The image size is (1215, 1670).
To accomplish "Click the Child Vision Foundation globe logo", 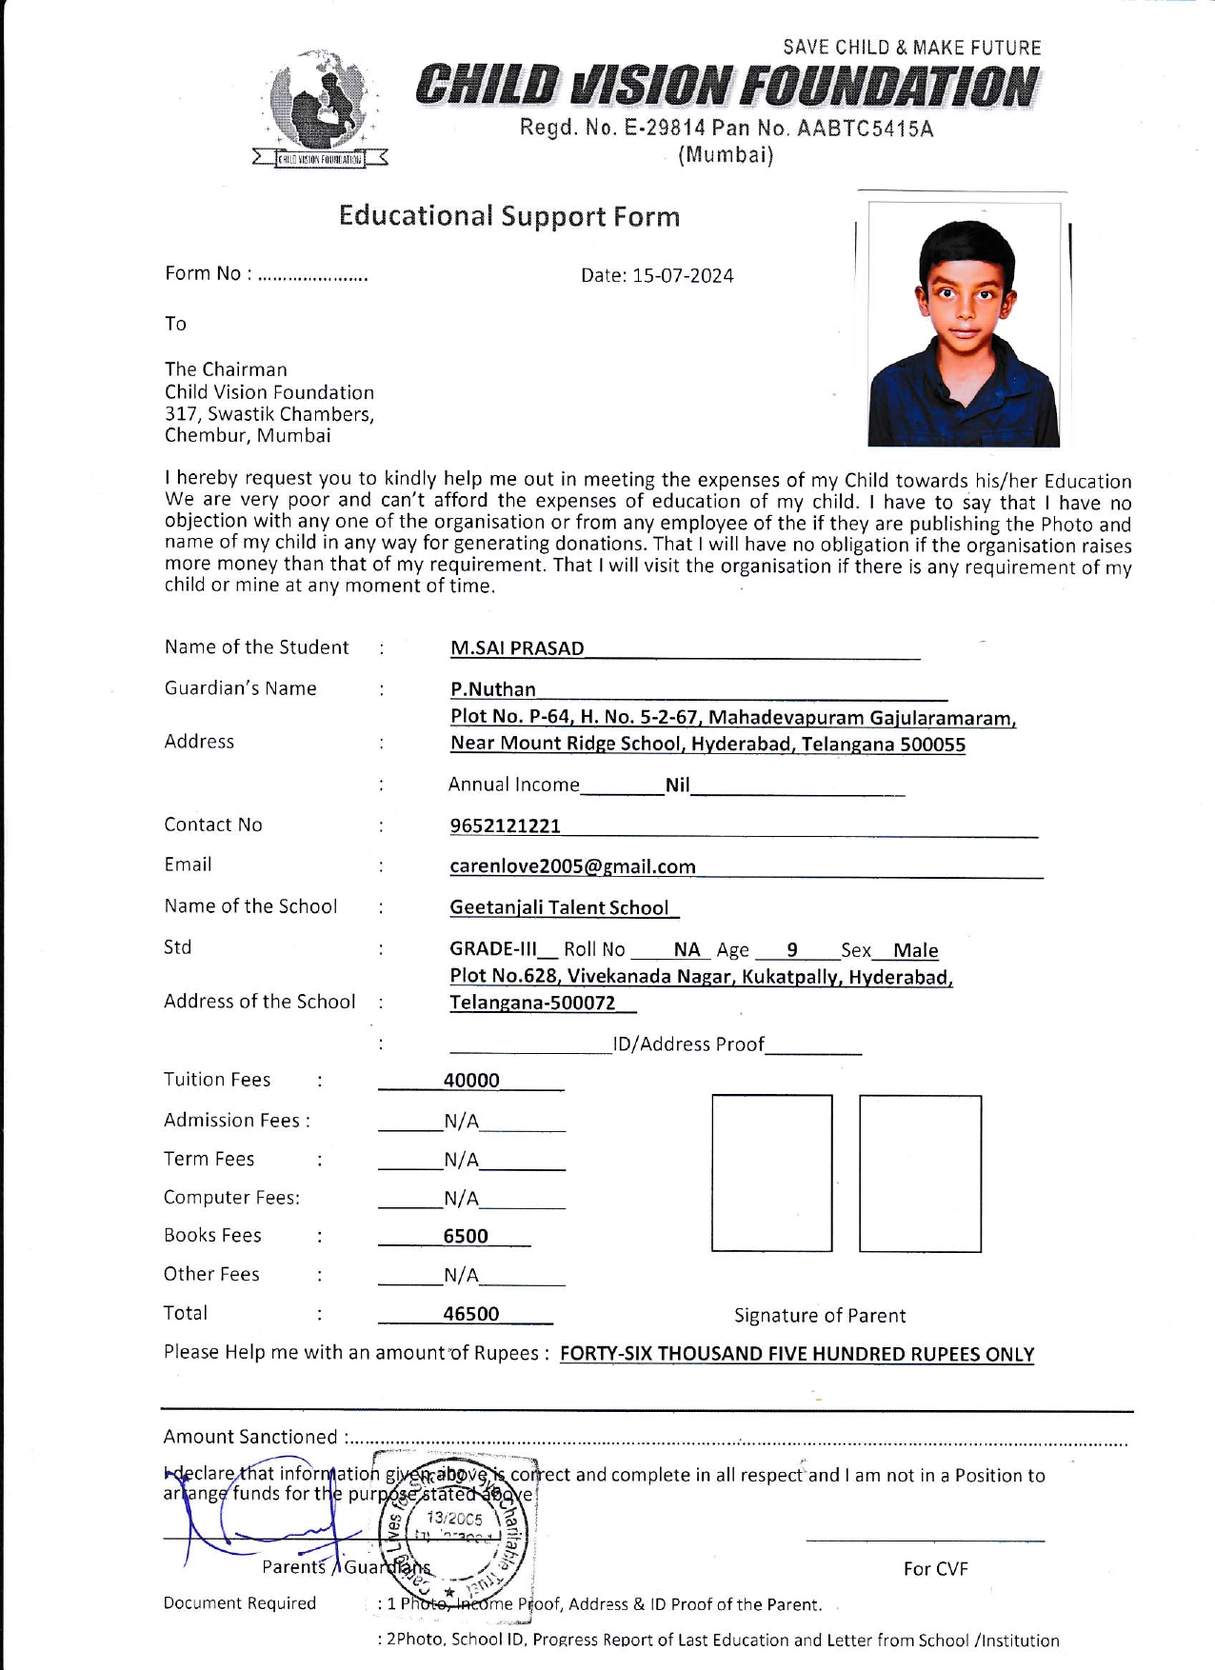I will (x=321, y=105).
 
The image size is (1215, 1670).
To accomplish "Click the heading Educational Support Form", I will (x=509, y=216).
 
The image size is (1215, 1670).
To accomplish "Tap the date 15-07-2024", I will (x=683, y=276).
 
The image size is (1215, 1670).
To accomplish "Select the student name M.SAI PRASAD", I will (x=517, y=648).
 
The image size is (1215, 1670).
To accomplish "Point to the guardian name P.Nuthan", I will (x=493, y=689).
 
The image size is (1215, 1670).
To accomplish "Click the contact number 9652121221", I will (x=506, y=826).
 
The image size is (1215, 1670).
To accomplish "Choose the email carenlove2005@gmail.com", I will (x=572, y=866).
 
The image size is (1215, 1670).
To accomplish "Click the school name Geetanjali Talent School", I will (x=559, y=908).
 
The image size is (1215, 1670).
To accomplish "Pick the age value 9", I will (x=792, y=950).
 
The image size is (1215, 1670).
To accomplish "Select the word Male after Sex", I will (x=916, y=951).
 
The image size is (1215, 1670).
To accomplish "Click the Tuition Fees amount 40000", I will (x=471, y=1081).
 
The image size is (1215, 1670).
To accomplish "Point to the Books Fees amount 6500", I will (x=466, y=1237).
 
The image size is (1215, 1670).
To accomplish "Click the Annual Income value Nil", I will (x=677, y=785).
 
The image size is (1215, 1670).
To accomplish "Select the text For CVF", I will (x=935, y=1569).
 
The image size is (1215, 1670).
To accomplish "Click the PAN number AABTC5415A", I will (x=865, y=129).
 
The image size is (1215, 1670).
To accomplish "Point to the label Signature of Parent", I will (x=820, y=1316).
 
